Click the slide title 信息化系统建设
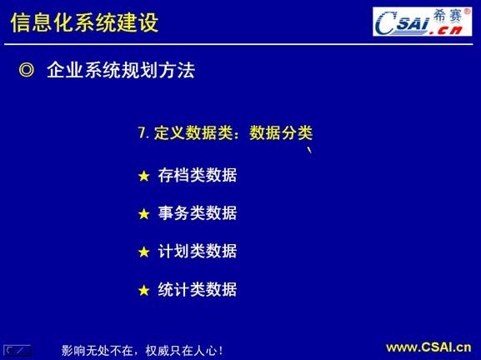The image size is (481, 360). pyautogui.click(x=84, y=22)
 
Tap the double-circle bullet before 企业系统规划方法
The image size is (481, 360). pyautogui.click(x=26, y=71)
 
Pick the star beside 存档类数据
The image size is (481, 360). pyautogui.click(x=143, y=176)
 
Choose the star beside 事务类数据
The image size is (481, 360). pyautogui.click(x=143, y=214)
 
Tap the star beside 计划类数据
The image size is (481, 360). pyautogui.click(x=143, y=252)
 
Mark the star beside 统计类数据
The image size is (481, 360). pyautogui.click(x=143, y=290)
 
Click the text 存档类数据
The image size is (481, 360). pyautogui.click(x=198, y=175)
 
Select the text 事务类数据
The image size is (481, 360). pyautogui.click(x=198, y=213)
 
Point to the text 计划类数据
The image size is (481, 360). pyautogui.click(x=198, y=251)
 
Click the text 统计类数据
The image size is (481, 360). pyautogui.click(x=198, y=289)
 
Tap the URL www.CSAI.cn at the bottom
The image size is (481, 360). pyautogui.click(x=428, y=347)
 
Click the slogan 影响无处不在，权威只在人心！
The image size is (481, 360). pyautogui.click(x=143, y=350)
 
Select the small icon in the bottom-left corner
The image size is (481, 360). pyautogui.click(x=18, y=350)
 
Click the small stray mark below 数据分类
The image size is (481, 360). pyautogui.click(x=310, y=151)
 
